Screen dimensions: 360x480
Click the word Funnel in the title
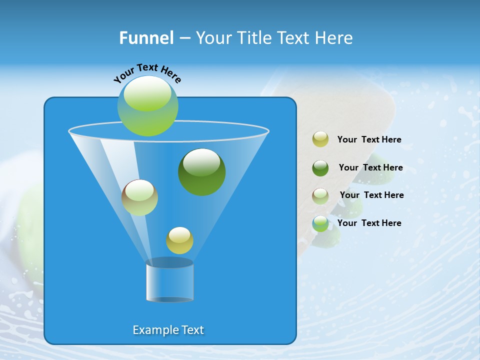point(146,38)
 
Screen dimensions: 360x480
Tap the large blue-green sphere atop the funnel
point(147,106)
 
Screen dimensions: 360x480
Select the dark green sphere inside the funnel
point(201,172)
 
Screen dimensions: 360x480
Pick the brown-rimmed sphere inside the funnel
point(139,197)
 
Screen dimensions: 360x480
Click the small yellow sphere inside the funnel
point(179,240)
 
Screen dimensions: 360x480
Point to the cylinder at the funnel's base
point(169,282)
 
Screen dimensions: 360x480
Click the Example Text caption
point(168,330)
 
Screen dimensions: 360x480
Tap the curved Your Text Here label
point(147,73)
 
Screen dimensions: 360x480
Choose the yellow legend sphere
point(320,139)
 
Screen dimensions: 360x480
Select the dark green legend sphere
point(320,168)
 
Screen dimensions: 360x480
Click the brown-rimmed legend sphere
point(320,196)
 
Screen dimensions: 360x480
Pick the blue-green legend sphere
point(320,223)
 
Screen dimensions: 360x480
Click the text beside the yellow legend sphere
point(369,139)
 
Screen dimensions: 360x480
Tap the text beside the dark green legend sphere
point(370,167)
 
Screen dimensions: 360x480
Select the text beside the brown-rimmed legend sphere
point(371,195)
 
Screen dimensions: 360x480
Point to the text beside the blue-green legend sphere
point(369,223)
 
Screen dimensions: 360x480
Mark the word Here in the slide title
point(335,38)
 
